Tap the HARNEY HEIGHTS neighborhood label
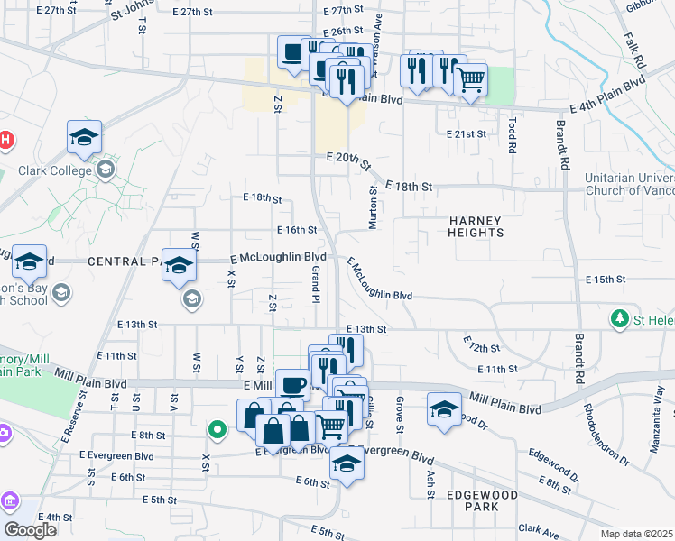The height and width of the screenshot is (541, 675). point(476,226)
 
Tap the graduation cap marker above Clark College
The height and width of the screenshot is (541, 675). point(84,138)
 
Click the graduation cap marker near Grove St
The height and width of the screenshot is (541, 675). point(444,408)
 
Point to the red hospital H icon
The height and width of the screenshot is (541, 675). point(5,140)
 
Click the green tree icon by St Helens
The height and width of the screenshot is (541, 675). point(620,318)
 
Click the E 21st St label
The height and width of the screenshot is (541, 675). point(467,133)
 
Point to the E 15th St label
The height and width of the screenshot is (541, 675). point(605,280)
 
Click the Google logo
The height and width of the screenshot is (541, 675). point(29,530)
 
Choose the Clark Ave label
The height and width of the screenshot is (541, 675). point(540,529)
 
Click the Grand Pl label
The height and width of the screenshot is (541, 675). point(316,283)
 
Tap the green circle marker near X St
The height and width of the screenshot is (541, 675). point(217,429)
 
